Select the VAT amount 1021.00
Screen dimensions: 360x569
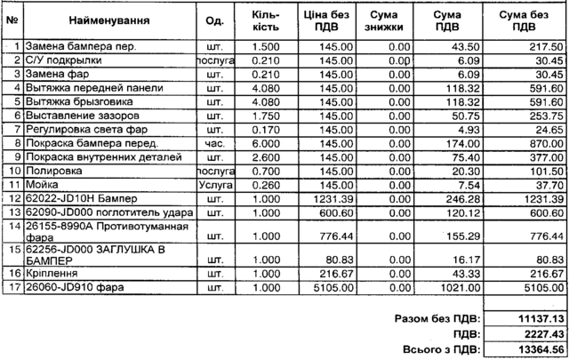tap(455, 288)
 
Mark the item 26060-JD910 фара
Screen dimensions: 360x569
tap(75, 288)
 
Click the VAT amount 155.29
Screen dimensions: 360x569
tap(457, 236)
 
